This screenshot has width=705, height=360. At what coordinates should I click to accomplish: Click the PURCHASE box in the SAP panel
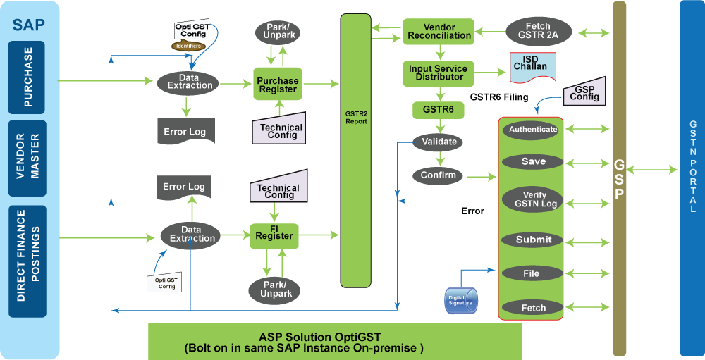(28, 77)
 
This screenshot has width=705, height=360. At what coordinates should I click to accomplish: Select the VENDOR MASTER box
(28, 159)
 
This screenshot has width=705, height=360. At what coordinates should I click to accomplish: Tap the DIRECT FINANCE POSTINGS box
(28, 261)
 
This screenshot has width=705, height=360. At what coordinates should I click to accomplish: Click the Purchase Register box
(277, 85)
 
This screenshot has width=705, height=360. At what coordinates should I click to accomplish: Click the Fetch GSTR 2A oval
(538, 31)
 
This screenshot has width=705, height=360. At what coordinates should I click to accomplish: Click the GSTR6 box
(438, 109)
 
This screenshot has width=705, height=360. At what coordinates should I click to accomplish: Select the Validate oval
(439, 142)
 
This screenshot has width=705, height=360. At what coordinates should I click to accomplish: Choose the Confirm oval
(438, 175)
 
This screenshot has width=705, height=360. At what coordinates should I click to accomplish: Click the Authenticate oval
(532, 130)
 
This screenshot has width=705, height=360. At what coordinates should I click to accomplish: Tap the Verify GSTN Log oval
(533, 199)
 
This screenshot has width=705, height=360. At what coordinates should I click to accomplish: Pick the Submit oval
(533, 240)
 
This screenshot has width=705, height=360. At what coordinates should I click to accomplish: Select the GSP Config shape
(584, 92)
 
